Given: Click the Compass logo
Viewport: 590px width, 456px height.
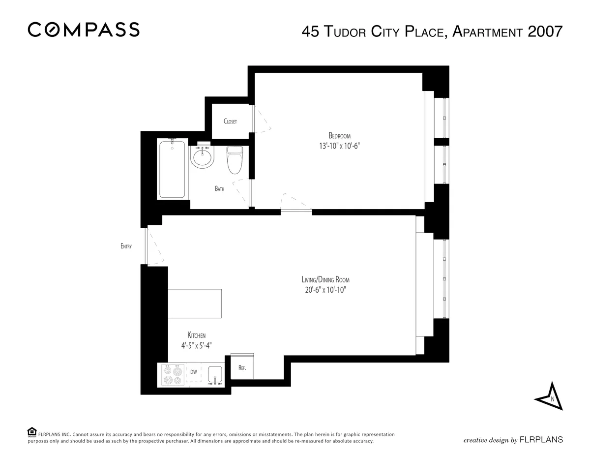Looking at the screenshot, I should pyautogui.click(x=84, y=30).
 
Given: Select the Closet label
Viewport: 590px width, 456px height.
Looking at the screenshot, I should pyautogui.click(x=230, y=122).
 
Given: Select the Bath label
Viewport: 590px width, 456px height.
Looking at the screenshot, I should pyautogui.click(x=220, y=188).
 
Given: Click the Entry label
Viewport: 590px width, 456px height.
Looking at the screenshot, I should pyautogui.click(x=126, y=246).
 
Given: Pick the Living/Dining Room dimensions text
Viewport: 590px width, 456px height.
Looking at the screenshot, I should pyautogui.click(x=325, y=290).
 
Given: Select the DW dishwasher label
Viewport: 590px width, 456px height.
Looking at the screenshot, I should pyautogui.click(x=194, y=372).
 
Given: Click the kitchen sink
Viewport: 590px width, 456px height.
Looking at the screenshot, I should pyautogui.click(x=215, y=375).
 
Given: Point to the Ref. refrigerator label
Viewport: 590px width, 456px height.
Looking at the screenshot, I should pyautogui.click(x=242, y=368).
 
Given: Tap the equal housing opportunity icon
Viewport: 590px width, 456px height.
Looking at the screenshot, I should pyautogui.click(x=32, y=432).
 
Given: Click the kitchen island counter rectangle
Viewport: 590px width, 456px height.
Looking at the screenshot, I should pyautogui.click(x=195, y=305).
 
